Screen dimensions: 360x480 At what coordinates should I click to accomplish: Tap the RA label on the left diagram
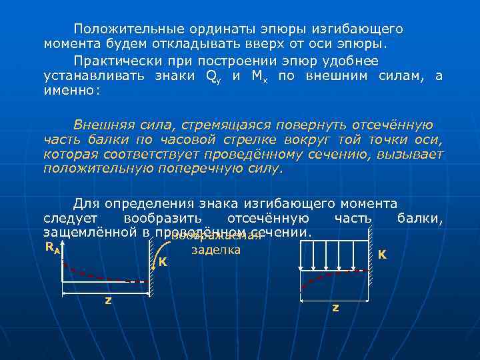(53, 248)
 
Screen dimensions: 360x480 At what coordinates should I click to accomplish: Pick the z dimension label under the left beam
(108, 299)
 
